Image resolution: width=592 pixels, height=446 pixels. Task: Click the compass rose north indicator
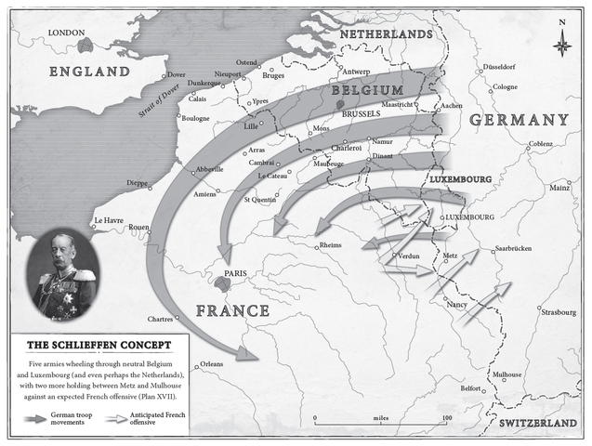561,41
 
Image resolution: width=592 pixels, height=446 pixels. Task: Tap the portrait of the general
64,275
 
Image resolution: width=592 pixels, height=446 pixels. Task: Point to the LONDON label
66,32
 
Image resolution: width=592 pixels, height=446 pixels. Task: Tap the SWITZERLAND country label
544,423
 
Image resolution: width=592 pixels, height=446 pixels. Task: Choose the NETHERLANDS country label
386,33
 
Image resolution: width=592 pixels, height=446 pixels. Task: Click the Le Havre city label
108,221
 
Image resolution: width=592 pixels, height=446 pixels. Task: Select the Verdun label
410,255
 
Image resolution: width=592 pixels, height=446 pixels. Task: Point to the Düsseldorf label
503,69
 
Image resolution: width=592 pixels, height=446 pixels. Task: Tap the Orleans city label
211,364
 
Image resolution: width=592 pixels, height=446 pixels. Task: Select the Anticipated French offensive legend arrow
115,418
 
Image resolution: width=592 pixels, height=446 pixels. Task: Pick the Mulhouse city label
506,374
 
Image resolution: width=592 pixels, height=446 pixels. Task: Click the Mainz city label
559,187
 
